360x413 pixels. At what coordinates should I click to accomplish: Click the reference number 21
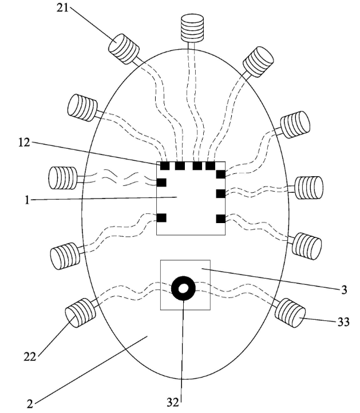point(62,8)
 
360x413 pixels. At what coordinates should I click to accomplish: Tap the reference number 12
point(24,143)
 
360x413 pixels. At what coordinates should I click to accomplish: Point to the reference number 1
point(27,200)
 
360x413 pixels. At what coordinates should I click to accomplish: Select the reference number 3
point(344,290)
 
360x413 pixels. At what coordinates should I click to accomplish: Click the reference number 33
point(343,322)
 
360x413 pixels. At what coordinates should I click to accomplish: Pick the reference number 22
point(30,357)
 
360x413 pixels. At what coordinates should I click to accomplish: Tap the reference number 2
point(30,404)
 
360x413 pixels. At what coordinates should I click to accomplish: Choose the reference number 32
point(173,402)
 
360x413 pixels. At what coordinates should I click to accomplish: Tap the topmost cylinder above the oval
point(192,28)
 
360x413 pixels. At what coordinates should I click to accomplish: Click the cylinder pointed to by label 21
point(124,49)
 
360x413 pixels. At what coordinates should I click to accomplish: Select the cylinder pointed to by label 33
point(290,313)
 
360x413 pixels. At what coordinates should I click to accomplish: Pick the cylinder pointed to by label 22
point(80,313)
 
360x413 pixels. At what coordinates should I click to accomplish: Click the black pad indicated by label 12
point(165,166)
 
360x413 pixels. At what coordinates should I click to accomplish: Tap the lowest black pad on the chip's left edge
point(161,218)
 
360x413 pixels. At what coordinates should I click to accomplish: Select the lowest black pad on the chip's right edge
point(220,219)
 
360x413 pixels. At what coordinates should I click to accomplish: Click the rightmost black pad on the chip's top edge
point(210,166)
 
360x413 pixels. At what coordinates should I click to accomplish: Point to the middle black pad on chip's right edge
point(220,193)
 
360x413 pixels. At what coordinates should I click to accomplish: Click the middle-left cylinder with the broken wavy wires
point(63,178)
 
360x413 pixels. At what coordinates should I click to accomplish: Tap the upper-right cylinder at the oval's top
point(258,62)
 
